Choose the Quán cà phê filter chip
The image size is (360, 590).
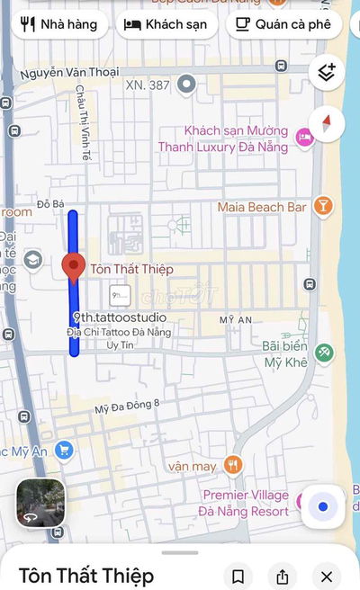tap(283, 24)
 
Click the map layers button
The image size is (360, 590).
tap(326, 73)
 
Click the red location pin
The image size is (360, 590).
tap(73, 267)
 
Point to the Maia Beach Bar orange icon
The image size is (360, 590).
tap(323, 207)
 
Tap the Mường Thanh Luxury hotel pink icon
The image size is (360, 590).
tap(304, 138)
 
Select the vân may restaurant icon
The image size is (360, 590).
tap(233, 465)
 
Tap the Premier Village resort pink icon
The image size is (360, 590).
tap(304, 496)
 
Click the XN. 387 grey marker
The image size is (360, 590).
tap(187, 85)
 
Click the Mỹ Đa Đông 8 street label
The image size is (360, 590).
tap(127, 407)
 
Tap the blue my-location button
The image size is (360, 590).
tap(323, 506)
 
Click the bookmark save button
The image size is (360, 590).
tap(238, 577)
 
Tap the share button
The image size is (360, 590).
tap(283, 577)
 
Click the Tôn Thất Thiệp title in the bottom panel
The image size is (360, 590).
tap(86, 576)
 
